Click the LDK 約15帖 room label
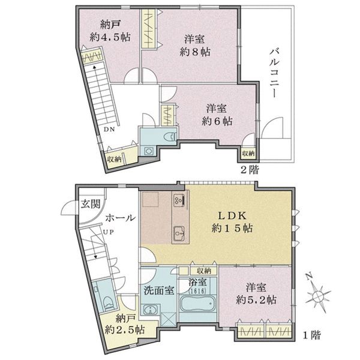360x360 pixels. pyautogui.click(x=232, y=222)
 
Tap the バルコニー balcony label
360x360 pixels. pyautogui.click(x=274, y=73)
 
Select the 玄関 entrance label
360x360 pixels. pyautogui.click(x=91, y=203)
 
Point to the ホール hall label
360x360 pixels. pyautogui.click(x=121, y=217)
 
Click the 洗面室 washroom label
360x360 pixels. pyautogui.click(x=159, y=290)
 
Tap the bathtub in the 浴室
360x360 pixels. pyautogui.click(x=198, y=304)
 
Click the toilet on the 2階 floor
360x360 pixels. pyautogui.click(x=170, y=137)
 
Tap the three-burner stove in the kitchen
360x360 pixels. pyautogui.click(x=179, y=199)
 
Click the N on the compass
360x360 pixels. pyautogui.click(x=310, y=277)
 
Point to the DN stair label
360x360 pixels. pyautogui.click(x=109, y=129)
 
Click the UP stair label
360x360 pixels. pyautogui.click(x=108, y=232)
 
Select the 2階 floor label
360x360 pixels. pyautogui.click(x=250, y=170)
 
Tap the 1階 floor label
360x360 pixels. pyautogui.click(x=311, y=335)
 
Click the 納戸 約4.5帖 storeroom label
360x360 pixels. pyautogui.click(x=110, y=31)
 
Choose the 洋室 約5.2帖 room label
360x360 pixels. pyautogui.click(x=256, y=294)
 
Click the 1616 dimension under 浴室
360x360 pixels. pyautogui.click(x=197, y=291)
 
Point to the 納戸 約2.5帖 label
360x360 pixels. pyautogui.click(x=125, y=324)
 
